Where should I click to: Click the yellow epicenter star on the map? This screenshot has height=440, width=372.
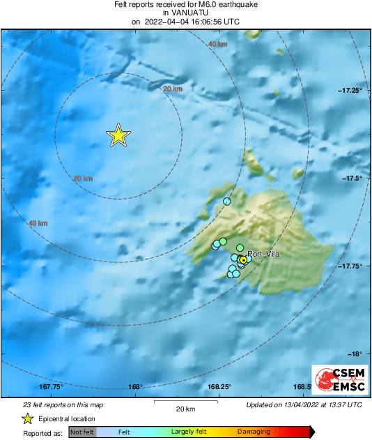click(119, 136)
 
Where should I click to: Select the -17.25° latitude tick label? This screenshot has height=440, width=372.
click(350, 91)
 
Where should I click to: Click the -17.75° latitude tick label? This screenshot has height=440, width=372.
click(350, 266)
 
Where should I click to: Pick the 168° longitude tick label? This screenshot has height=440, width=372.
click(136, 387)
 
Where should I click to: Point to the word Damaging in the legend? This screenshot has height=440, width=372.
click(253, 432)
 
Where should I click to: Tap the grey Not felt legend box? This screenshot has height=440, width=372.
click(83, 432)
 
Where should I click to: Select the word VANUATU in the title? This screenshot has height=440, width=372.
click(185, 13)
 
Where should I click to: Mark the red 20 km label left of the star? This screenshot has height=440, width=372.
click(83, 179)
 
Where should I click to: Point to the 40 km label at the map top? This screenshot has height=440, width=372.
click(217, 44)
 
